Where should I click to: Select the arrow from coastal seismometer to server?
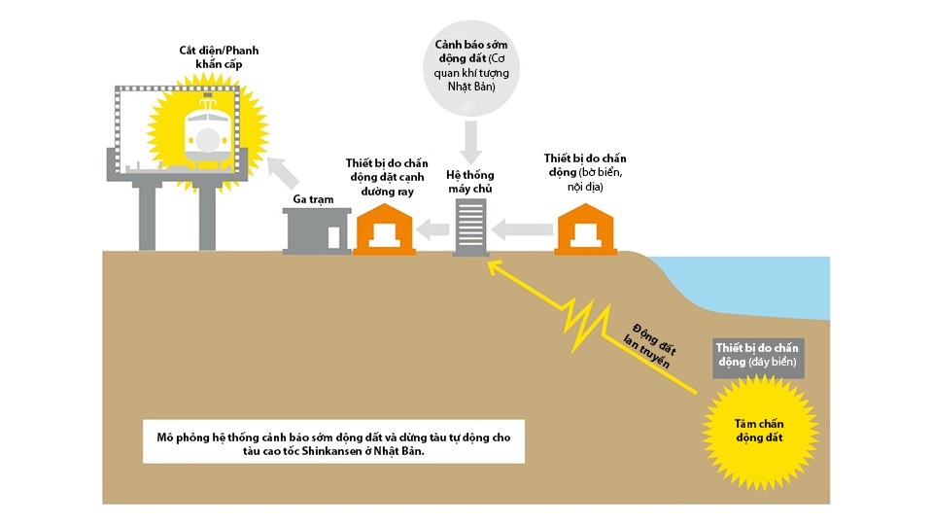tap(520, 229)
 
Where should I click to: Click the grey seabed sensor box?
tap(756, 355)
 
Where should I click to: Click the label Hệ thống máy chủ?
tap(471, 181)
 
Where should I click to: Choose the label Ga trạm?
tap(314, 198)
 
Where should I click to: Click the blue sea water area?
tap(777, 287)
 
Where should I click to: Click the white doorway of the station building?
tap(333, 236)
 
